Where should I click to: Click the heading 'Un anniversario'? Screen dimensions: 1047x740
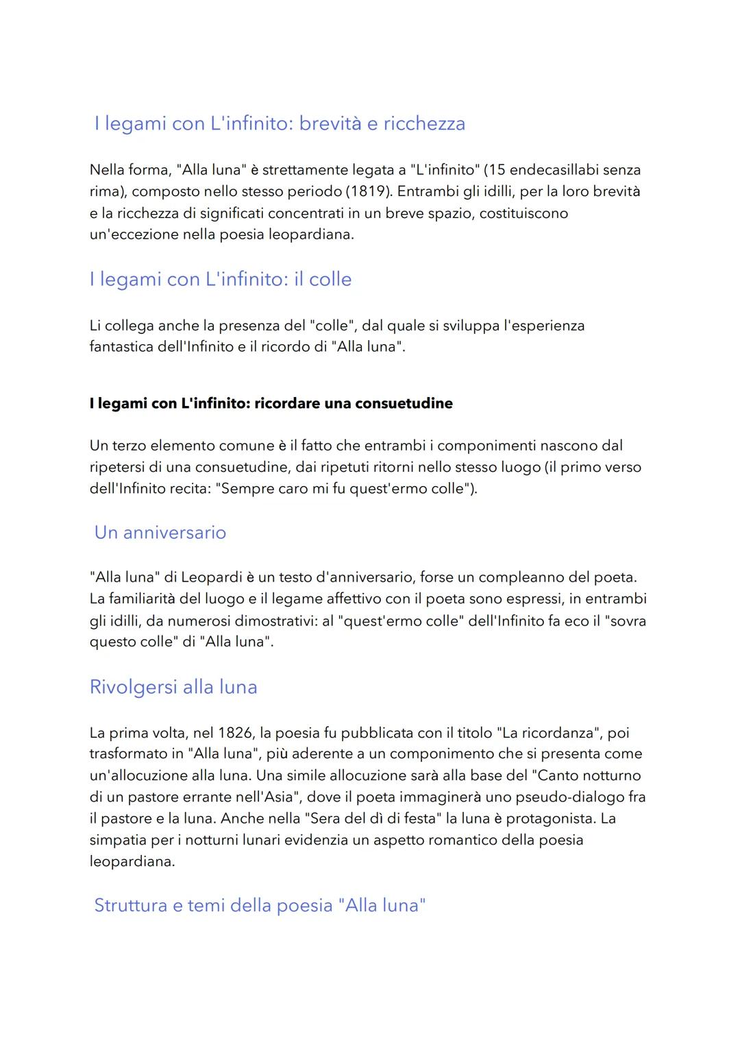[x=160, y=533]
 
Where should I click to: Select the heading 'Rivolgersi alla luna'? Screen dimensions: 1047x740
[x=173, y=687]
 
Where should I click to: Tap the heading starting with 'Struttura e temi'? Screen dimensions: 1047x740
[x=260, y=906]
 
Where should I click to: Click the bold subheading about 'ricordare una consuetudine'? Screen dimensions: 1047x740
[x=271, y=403]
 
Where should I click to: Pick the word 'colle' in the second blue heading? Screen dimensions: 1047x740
[x=330, y=280]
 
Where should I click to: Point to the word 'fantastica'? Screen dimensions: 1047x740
[x=121, y=347]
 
